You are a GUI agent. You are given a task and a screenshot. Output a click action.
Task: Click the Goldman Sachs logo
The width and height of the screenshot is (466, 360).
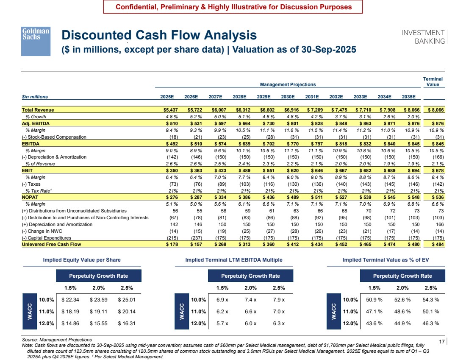pos(36,42)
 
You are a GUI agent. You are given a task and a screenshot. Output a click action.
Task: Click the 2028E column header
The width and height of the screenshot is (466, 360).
pos(239,97)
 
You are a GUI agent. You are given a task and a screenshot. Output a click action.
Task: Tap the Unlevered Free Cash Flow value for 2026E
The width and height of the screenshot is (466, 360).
pos(196,244)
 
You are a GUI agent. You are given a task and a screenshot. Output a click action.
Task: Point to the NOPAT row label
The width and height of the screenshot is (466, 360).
pos(30,197)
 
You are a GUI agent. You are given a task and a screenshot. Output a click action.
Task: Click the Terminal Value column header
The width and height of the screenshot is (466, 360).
pos(433,81)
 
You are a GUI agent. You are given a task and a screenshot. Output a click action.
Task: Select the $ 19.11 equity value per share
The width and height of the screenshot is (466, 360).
pos(98,312)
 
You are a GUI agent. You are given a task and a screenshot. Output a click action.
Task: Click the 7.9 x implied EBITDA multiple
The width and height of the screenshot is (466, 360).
pos(279,300)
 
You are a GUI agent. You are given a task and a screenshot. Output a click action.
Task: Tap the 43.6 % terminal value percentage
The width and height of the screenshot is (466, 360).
pos(374,324)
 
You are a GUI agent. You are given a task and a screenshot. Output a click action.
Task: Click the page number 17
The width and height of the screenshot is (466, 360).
pos(441,341)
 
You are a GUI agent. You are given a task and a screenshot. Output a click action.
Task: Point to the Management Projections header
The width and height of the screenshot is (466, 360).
pos(288,84)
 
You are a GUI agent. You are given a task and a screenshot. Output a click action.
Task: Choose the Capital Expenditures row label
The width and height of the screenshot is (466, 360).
pos(47,238)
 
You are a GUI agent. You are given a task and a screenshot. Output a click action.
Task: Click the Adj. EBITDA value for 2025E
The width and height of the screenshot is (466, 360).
pos(172,123)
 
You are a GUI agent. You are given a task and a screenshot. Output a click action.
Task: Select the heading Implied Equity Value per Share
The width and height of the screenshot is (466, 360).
pos(82,260)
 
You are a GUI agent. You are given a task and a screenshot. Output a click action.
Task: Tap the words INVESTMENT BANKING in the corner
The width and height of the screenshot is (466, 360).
pos(423,37)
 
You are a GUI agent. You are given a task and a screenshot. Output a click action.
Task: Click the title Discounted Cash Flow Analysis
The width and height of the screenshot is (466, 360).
pos(159,35)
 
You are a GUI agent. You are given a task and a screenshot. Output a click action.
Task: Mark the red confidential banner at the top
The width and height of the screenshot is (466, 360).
pos(233,7)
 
